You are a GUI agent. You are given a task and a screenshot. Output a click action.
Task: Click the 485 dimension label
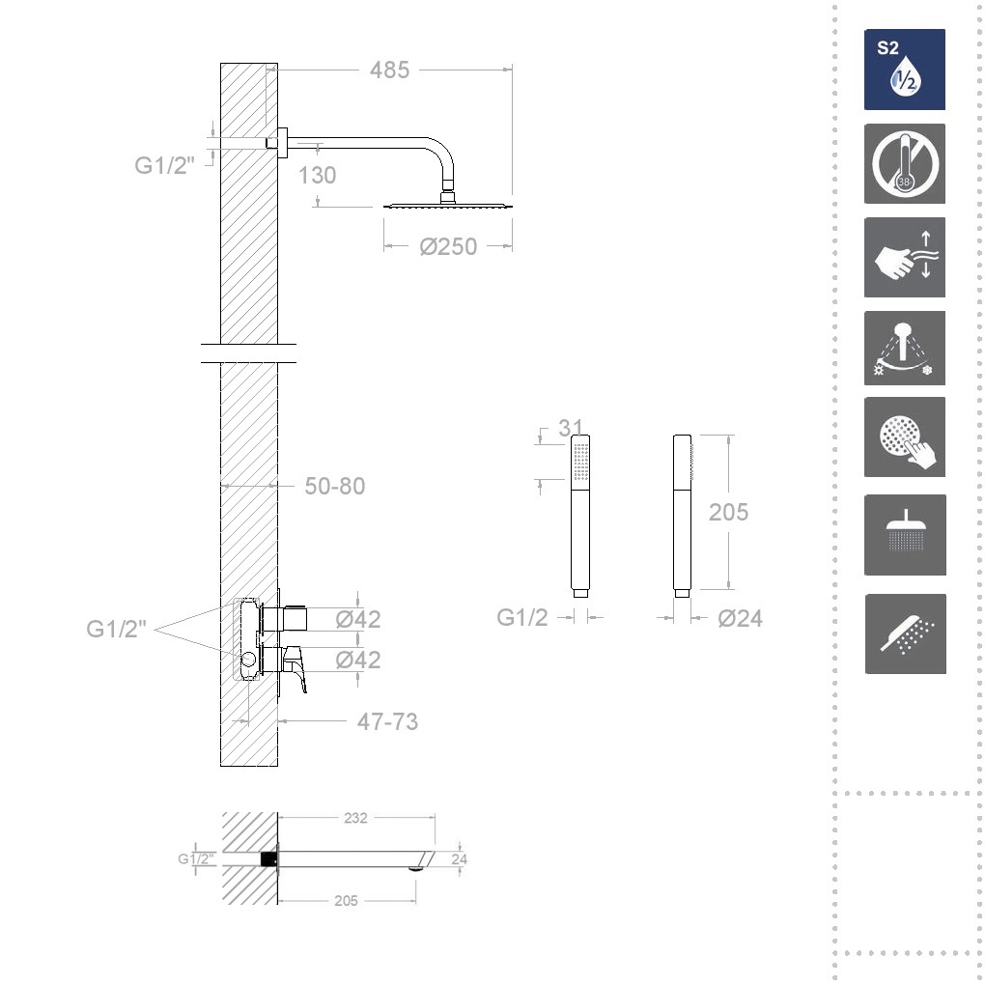[x=389, y=70]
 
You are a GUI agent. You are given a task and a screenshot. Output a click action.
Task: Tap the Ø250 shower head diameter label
[x=448, y=246]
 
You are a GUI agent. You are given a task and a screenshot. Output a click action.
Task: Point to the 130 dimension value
[x=317, y=175]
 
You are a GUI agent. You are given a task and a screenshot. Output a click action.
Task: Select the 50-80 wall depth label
[x=335, y=486]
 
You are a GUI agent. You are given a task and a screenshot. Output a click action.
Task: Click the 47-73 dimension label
[x=387, y=721]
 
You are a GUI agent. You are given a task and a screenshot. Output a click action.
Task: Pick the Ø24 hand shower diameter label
[x=740, y=618]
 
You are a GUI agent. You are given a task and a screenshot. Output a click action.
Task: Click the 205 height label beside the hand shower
[x=728, y=512]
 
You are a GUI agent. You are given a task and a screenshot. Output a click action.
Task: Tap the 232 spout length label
[x=355, y=818]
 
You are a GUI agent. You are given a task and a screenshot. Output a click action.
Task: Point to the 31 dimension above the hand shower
[x=571, y=428]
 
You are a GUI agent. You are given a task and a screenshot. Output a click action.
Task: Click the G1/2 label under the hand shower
[x=522, y=617]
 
